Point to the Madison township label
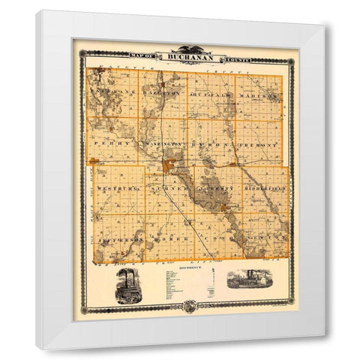[x=259, y=97]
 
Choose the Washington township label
[x=163, y=142]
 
